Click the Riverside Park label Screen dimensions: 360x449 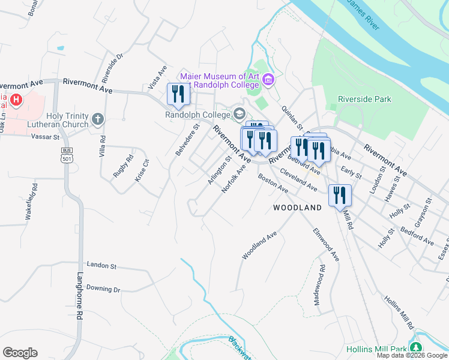tap(364, 99)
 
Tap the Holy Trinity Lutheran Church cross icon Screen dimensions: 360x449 tap(98, 120)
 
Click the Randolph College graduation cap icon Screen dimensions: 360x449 tap(239, 114)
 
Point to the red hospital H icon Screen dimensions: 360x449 tap(17, 100)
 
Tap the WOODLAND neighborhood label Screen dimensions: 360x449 tap(297, 207)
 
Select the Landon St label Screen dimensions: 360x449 tap(101, 265)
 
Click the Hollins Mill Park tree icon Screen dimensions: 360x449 tap(415, 348)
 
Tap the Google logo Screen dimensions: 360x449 tap(20, 352)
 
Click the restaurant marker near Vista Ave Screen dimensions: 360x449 tap(178, 94)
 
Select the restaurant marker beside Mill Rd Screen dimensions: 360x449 tap(340, 196)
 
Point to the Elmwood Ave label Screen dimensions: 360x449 tap(325, 244)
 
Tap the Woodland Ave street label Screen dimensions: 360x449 tap(259, 245)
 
